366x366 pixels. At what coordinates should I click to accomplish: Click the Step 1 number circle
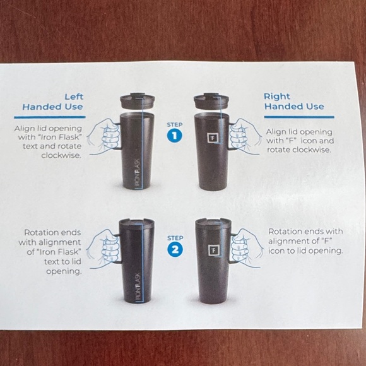click(x=175, y=136)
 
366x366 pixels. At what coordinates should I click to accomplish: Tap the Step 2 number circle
click(x=175, y=249)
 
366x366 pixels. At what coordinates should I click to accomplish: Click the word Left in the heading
click(x=74, y=97)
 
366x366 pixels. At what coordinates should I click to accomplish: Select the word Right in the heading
click(x=277, y=97)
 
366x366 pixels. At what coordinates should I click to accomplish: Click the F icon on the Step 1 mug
click(x=213, y=138)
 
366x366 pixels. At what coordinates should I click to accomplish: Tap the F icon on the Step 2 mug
click(x=213, y=251)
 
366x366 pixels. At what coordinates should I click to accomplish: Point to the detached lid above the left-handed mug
click(x=138, y=101)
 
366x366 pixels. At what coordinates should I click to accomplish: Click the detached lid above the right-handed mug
click(x=211, y=102)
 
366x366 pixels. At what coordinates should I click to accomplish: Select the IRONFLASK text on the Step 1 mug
click(x=138, y=174)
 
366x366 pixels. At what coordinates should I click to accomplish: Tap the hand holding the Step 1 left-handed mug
click(x=104, y=136)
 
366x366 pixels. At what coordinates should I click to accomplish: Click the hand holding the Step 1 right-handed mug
click(x=244, y=136)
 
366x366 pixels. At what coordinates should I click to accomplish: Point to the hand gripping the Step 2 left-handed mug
click(x=103, y=249)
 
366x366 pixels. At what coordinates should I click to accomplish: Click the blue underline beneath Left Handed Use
click(x=50, y=117)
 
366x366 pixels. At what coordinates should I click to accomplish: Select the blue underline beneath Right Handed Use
click(x=299, y=117)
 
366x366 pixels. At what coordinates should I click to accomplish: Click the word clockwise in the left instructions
click(x=61, y=155)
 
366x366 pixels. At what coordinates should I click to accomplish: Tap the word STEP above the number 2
click(x=175, y=238)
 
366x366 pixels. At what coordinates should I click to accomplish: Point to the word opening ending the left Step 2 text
click(x=64, y=272)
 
